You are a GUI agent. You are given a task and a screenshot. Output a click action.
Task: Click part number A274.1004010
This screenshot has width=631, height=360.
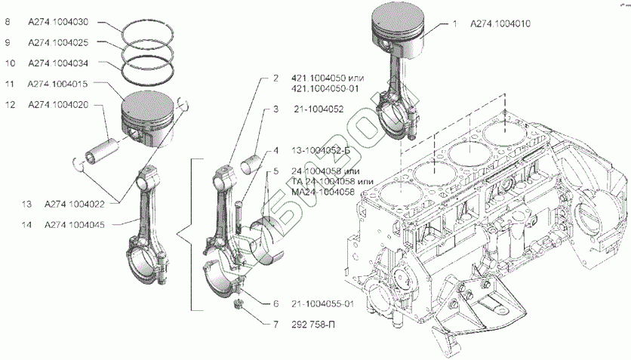[500, 24]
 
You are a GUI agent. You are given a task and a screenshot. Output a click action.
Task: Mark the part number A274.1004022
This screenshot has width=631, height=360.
[74, 204]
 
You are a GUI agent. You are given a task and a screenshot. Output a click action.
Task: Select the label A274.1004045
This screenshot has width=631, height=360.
[74, 224]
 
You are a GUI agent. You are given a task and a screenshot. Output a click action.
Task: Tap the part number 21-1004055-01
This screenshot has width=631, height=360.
[332, 303]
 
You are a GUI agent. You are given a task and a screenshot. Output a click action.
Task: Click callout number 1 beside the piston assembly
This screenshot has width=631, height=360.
[455, 24]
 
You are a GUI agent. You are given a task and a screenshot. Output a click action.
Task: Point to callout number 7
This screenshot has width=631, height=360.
[276, 325]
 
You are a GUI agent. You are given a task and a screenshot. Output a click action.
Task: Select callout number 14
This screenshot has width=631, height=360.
[27, 224]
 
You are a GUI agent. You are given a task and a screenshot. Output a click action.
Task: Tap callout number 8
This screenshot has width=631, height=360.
[7, 23]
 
